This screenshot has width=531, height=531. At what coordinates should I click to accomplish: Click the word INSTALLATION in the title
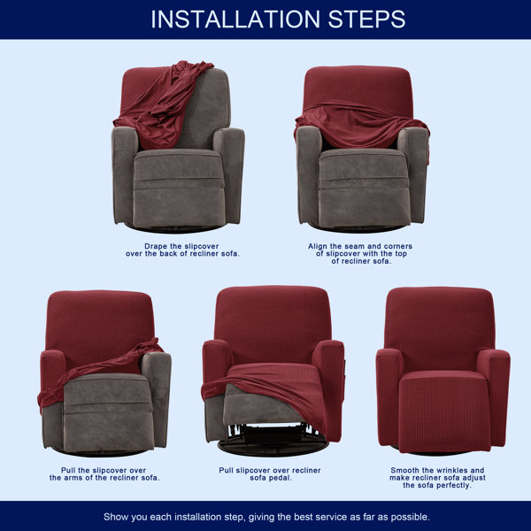pyautogui.click(x=235, y=19)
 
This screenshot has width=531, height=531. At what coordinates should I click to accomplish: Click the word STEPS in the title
pyautogui.click(x=366, y=19)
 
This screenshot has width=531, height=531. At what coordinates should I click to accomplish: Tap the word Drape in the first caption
pyautogui.click(x=156, y=246)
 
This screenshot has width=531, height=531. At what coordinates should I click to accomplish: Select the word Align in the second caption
pyautogui.click(x=318, y=246)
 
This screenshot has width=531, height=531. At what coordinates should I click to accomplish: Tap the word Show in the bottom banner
pyautogui.click(x=116, y=517)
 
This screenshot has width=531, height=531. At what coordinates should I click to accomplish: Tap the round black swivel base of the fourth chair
pyautogui.click(x=273, y=447)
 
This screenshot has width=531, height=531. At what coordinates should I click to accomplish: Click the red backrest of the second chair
pyautogui.click(x=358, y=88)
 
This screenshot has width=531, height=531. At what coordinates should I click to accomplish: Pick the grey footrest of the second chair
pyautogui.click(x=364, y=188)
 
